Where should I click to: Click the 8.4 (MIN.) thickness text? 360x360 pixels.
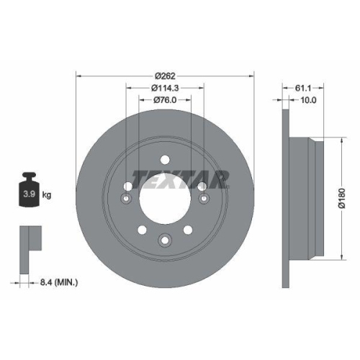[59, 284]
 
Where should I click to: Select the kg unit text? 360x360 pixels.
[48, 195]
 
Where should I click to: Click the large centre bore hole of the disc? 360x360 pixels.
[165, 199]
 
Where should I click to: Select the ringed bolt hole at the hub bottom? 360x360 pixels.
[165, 240]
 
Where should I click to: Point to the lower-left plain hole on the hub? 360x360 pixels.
[141, 231]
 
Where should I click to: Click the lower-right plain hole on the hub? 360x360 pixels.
[189, 231]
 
